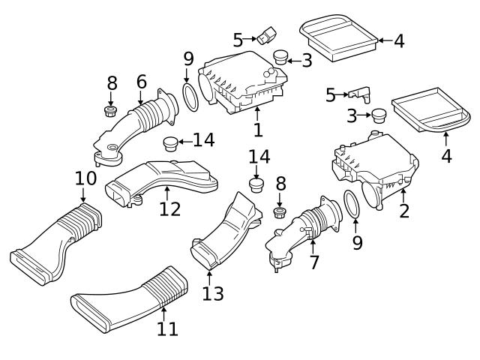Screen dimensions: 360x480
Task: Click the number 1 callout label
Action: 257,130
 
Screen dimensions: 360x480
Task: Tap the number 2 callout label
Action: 404,210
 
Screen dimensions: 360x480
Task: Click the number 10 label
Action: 85,178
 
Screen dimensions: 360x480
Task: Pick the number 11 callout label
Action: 167,328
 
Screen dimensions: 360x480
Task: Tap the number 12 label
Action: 169,208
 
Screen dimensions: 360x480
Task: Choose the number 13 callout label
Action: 212,293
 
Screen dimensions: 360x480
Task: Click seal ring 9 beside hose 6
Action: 190,98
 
